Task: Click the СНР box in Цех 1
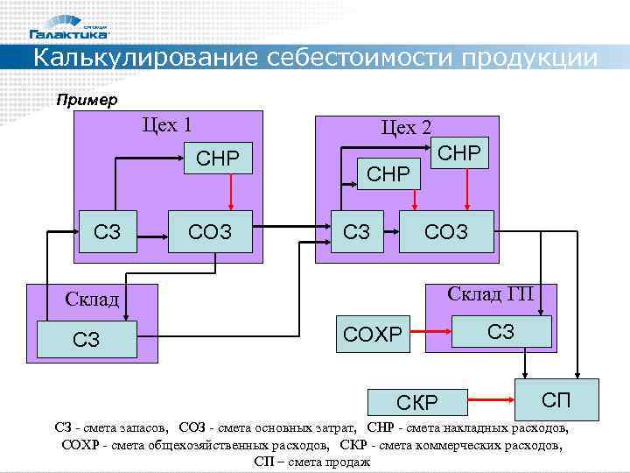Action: (x=218, y=159)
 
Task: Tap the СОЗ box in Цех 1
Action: (x=209, y=232)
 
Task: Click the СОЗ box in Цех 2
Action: (x=445, y=232)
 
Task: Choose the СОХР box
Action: (x=373, y=333)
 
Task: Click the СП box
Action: (x=556, y=399)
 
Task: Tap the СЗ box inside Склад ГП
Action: (x=501, y=331)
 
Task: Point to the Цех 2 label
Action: (x=406, y=127)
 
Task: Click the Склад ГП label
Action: (x=490, y=293)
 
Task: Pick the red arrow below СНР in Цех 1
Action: (x=230, y=192)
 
